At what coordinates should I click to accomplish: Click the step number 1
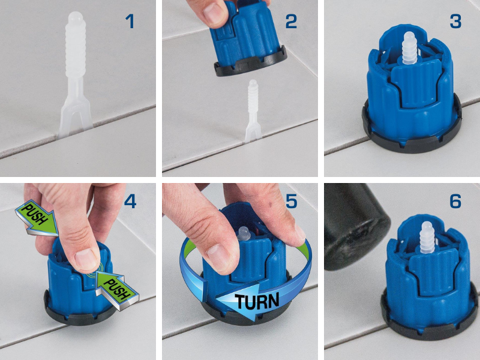[x=130, y=22]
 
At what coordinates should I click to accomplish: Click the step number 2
[x=291, y=22]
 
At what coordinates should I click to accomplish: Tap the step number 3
[x=455, y=22]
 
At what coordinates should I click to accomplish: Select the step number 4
[x=130, y=202]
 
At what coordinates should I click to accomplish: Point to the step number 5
[x=291, y=202]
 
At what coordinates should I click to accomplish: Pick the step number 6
[x=455, y=202]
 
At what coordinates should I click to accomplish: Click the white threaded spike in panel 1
[x=76, y=73]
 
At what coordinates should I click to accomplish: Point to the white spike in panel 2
[x=253, y=111]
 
